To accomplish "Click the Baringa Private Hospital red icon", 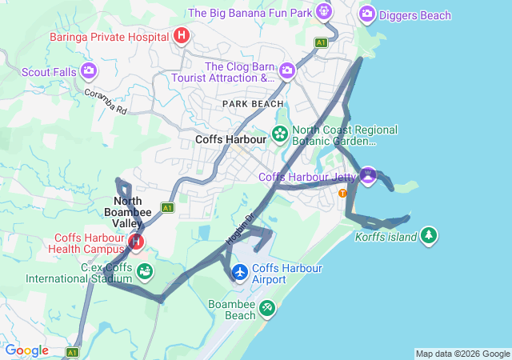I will (x=182, y=36).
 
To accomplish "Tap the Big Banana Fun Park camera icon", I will (x=323, y=11).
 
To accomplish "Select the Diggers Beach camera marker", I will (x=367, y=13).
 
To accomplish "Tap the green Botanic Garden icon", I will (x=280, y=134).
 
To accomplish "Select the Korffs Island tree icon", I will (x=430, y=234).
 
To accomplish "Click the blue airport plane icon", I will (x=239, y=273).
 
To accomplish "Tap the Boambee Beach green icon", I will (x=266, y=307).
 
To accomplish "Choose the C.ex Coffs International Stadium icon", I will (x=145, y=271).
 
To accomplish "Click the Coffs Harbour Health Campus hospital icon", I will (x=136, y=240).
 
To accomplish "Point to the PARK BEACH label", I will (x=253, y=104).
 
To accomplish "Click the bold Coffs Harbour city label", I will (x=230, y=139).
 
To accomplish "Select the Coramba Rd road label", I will (x=106, y=102).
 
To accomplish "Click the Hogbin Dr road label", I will (x=238, y=228).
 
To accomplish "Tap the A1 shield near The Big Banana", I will (x=321, y=42).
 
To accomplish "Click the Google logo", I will (x=27, y=350).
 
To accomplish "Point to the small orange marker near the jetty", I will (x=342, y=193).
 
